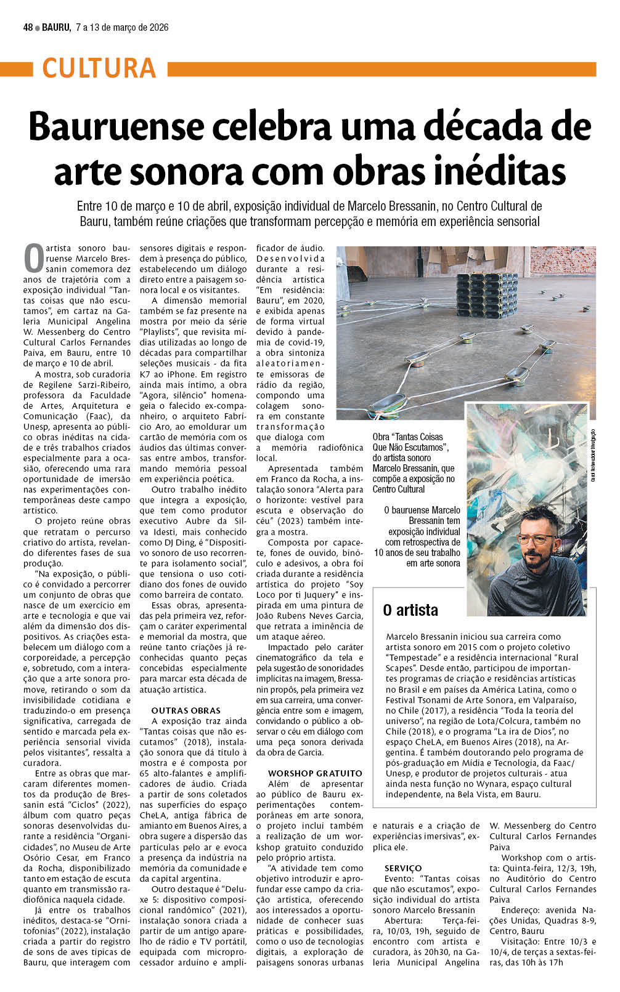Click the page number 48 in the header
(28, 28)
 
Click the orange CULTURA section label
(99, 68)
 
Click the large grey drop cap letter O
(33, 259)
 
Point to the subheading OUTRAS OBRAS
(186, 710)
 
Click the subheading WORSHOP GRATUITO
(315, 773)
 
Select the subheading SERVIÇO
(403, 868)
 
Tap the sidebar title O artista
(410, 610)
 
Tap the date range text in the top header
(122, 28)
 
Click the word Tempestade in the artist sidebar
(412, 658)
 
